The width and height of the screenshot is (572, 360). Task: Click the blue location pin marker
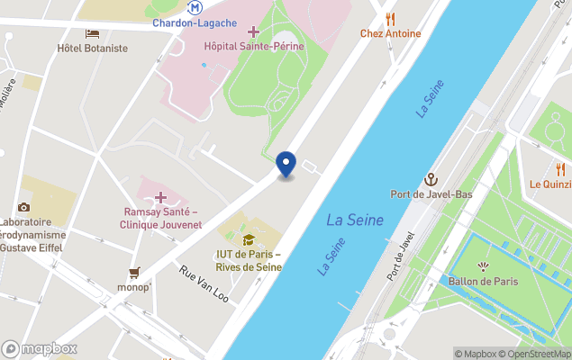pyautogui.click(x=286, y=164)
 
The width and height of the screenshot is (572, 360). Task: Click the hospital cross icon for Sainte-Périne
pyautogui.click(x=254, y=32)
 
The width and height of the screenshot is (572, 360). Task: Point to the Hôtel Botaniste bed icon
pyautogui.click(x=92, y=33)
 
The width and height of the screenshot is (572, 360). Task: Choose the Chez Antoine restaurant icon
pyautogui.click(x=390, y=19)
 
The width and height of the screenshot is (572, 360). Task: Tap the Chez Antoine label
pyautogui.click(x=390, y=34)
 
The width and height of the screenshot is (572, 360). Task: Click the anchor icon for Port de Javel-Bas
pyautogui.click(x=431, y=179)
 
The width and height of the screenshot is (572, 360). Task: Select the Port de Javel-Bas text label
pyautogui.click(x=431, y=193)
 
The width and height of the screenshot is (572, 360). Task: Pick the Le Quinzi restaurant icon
pyautogui.click(x=560, y=169)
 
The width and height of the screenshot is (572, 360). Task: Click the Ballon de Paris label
pyautogui.click(x=484, y=281)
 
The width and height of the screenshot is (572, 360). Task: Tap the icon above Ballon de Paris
pyautogui.click(x=484, y=266)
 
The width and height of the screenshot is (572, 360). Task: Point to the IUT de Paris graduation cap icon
pyautogui.click(x=249, y=239)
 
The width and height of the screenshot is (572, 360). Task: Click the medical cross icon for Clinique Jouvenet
pyautogui.click(x=161, y=197)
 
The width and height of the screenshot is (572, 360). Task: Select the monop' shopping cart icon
pyautogui.click(x=134, y=272)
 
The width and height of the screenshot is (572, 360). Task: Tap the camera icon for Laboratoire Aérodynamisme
pyautogui.click(x=23, y=207)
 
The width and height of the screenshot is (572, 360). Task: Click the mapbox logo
pyautogui.click(x=39, y=348)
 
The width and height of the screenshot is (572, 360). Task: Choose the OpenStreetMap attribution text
pyautogui.click(x=539, y=354)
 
